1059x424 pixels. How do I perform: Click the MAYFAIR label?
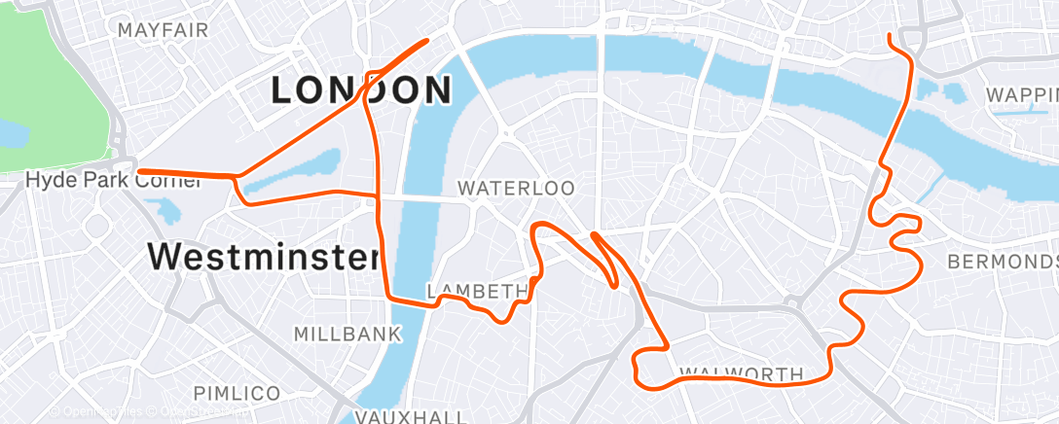coord(163,30)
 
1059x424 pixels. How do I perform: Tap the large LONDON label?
coord(361,90)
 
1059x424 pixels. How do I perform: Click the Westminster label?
coord(262,257)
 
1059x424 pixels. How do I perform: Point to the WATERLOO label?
coord(516,188)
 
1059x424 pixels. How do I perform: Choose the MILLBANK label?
coord(347,335)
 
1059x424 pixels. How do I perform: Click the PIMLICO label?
coord(237,393)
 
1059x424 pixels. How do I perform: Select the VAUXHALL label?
coord(410,416)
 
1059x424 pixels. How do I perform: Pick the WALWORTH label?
coord(741,373)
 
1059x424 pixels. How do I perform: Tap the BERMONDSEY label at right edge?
coord(1003,263)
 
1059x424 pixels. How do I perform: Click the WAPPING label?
coord(1022,95)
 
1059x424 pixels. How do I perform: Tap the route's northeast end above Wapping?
coord(891,37)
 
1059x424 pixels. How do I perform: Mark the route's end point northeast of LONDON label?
coord(427,41)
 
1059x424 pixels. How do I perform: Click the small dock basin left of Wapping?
coord(951,92)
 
